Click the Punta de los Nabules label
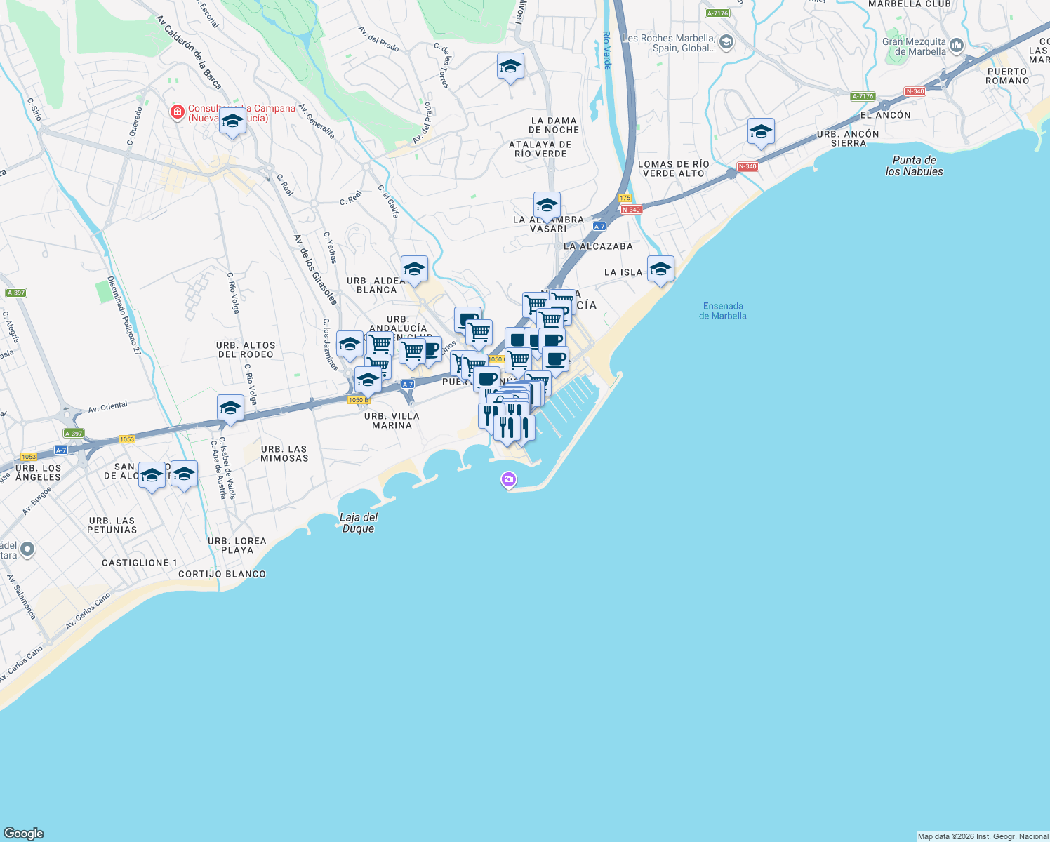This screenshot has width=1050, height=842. (914, 166)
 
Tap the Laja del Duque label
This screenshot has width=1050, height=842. (359, 523)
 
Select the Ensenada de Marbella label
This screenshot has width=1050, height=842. (723, 311)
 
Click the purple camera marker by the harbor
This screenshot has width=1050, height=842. (508, 480)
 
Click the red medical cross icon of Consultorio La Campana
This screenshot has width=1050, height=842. (178, 112)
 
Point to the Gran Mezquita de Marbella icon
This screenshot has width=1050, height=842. (957, 46)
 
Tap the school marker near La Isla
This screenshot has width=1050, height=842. (660, 269)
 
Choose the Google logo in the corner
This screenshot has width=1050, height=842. (24, 833)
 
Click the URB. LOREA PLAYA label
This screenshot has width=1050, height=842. (237, 545)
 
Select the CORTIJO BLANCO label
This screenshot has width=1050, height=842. (222, 574)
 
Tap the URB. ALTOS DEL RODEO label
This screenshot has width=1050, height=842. (246, 349)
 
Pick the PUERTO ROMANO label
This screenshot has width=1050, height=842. (1007, 76)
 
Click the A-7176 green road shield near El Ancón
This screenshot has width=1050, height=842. (863, 96)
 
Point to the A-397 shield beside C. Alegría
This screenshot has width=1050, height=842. (15, 293)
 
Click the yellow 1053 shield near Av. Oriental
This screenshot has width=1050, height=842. (126, 439)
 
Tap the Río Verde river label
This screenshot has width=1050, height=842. (607, 50)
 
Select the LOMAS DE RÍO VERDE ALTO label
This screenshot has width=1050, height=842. (674, 168)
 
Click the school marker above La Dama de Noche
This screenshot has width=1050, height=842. (510, 67)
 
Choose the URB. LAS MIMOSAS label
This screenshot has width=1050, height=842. (284, 453)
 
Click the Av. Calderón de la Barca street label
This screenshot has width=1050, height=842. (189, 53)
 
